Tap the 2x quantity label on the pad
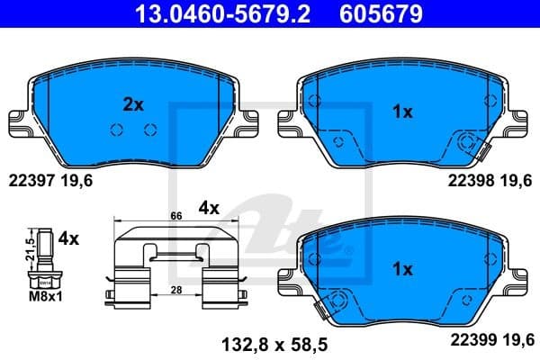coord(132,104)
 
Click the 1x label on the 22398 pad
coord(402,112)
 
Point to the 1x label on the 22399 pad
coord(402,268)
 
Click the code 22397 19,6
coord(50,181)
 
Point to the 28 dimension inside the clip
coord(177,289)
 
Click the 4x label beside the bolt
coord(68,239)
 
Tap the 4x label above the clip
coord(209,207)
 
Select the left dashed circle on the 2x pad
coord(115,129)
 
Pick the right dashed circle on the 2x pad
coord(149,129)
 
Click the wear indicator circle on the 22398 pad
coord(469,142)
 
